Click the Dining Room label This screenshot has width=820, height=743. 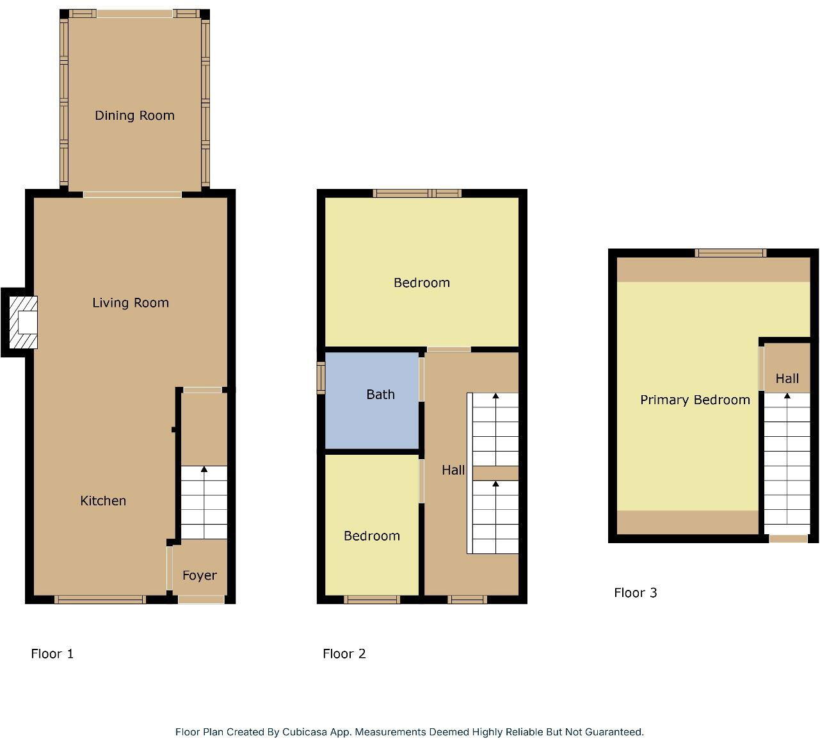(134, 115)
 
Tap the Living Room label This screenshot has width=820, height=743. (131, 303)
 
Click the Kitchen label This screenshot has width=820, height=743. (103, 501)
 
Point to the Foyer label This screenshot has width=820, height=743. (199, 575)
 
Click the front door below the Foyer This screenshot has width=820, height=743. (201, 600)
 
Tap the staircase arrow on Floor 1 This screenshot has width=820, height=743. (204, 471)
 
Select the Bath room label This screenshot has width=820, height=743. (380, 395)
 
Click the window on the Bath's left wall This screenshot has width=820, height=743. (321, 377)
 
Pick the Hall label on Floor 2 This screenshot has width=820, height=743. (453, 470)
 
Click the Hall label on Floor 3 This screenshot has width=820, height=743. (787, 379)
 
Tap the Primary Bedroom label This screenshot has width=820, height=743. (695, 400)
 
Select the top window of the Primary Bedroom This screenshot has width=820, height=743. (730, 253)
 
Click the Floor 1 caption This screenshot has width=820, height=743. (52, 654)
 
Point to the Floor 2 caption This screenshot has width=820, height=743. (344, 654)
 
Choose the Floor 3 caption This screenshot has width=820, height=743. (636, 592)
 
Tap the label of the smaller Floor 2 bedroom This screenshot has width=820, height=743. (372, 536)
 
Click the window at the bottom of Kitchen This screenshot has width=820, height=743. (100, 600)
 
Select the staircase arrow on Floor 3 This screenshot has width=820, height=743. (787, 396)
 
